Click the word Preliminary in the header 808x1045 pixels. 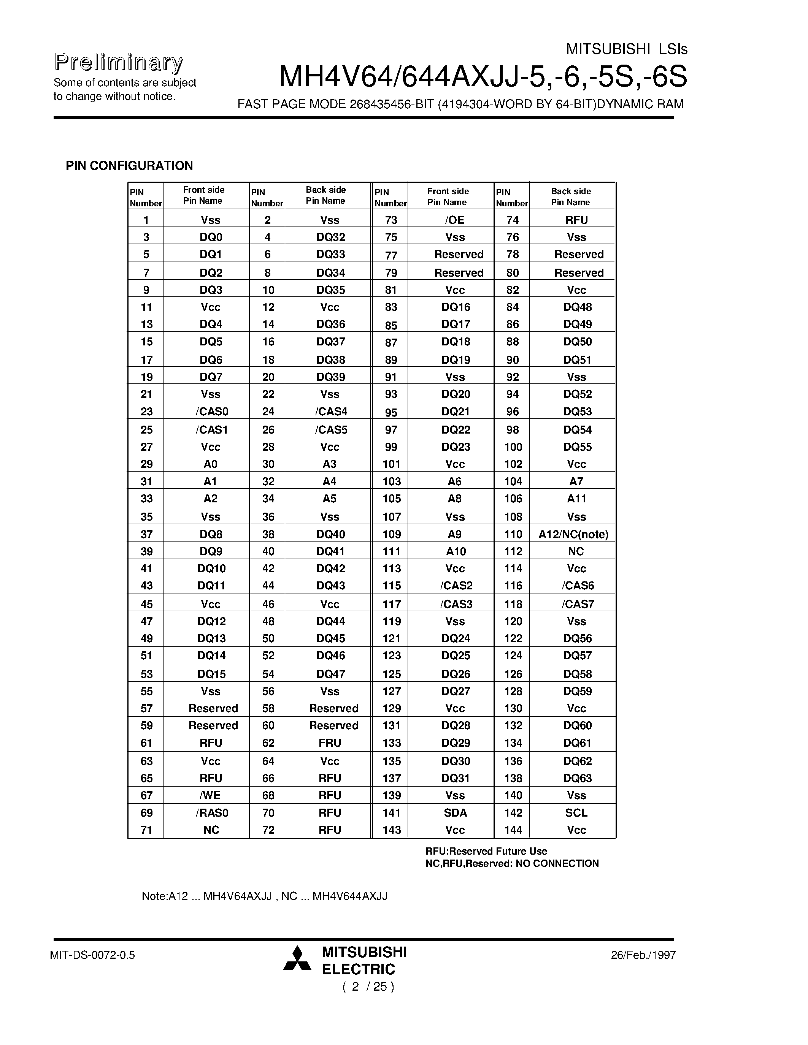pos(118,63)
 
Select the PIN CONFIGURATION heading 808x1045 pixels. pos(129,166)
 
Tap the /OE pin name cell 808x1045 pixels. pos(454,220)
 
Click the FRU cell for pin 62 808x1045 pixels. pos(329,743)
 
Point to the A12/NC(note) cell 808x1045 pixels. pos(573,534)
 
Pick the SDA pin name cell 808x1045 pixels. pos(455,812)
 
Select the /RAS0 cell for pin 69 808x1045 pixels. pos(211,812)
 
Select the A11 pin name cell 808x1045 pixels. pos(576,499)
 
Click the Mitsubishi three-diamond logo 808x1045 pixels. pos(297,958)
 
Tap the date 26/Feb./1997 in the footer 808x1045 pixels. pos(643,955)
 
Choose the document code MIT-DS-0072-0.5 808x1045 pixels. pos(92,955)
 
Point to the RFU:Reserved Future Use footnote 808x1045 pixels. pos(486,851)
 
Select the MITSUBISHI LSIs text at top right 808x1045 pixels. pos(626,49)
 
